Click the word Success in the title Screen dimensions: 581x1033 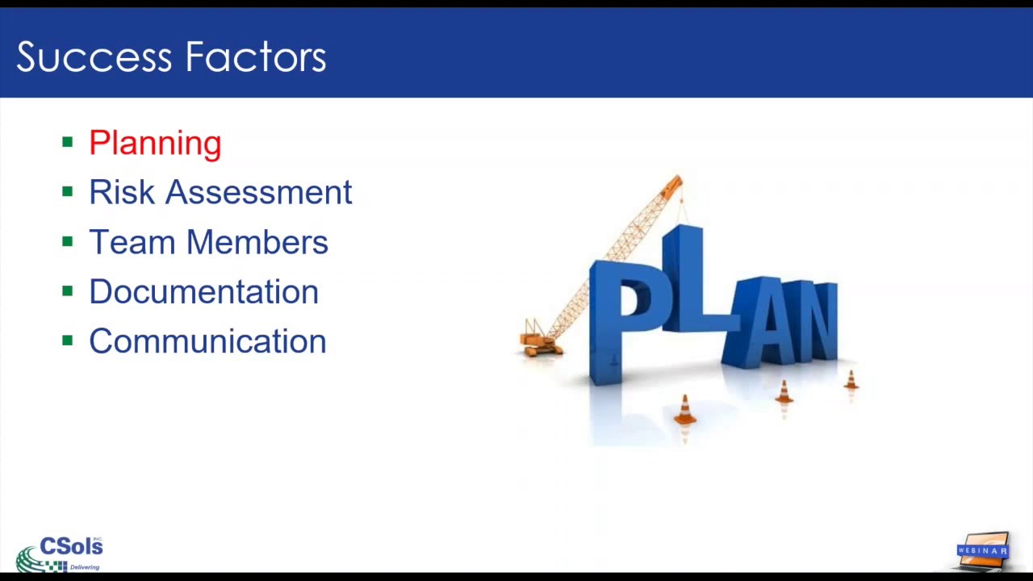(93, 57)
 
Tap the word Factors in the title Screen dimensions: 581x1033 (255, 57)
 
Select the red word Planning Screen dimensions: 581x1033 (155, 143)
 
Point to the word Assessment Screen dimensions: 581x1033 (258, 192)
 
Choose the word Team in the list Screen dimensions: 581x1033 (132, 242)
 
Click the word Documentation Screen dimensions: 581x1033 (203, 291)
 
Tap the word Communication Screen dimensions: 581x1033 (207, 341)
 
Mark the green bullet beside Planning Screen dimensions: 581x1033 (68, 143)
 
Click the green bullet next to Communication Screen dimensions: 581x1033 (68, 341)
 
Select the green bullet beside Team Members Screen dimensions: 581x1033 (68, 242)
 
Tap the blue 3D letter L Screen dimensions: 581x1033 (686, 282)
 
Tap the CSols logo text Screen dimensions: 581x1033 (71, 546)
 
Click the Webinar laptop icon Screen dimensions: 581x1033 (983, 550)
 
